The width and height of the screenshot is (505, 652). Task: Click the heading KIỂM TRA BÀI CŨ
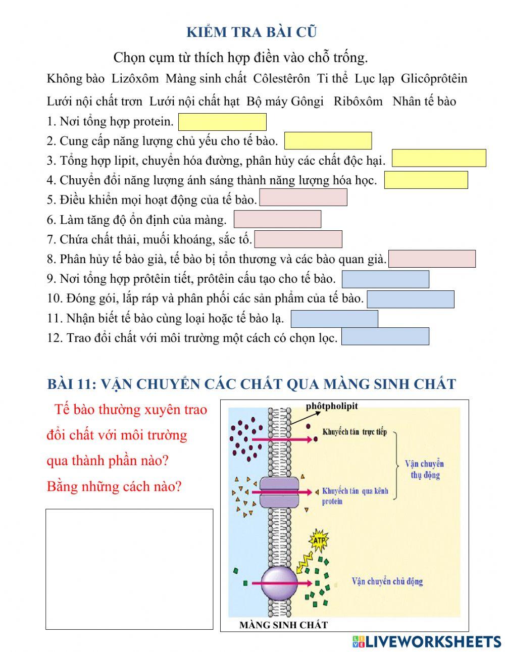251,32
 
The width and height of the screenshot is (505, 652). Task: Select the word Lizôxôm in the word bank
135,79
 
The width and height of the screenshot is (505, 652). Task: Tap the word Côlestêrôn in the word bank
281,79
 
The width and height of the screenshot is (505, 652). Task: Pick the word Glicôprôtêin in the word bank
434,79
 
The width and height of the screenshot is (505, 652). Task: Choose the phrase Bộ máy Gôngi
285,102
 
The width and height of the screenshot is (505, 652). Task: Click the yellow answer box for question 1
222,122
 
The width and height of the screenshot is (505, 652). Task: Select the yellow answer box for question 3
439,158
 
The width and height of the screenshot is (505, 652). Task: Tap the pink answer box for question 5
303,197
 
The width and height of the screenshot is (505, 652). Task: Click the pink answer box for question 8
432,259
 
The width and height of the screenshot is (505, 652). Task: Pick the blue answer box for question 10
410,299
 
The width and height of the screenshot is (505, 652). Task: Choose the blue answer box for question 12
385,336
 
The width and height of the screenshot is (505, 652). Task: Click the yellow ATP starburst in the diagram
318,540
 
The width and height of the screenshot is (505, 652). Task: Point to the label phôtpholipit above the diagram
331,406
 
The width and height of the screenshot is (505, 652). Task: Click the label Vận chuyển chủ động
387,581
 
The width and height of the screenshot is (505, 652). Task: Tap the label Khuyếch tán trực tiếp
355,432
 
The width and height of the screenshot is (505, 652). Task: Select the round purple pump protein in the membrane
279,583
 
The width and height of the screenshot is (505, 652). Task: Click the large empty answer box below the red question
129,569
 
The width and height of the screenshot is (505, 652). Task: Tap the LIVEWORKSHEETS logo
427,641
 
